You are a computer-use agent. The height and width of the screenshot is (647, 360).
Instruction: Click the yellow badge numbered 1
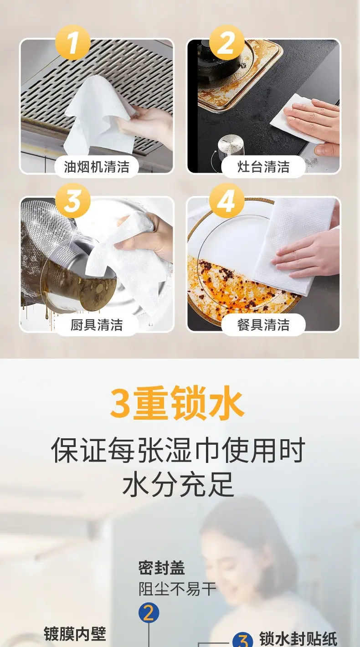(72, 42)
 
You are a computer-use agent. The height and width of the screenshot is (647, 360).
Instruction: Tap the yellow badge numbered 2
(226, 42)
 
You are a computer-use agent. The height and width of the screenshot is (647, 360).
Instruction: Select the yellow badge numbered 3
(72, 200)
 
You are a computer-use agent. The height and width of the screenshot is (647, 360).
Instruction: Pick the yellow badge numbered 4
(226, 200)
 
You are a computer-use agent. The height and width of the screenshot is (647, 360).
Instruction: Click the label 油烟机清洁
(97, 167)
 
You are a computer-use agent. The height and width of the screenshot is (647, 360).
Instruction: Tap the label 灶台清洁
(263, 167)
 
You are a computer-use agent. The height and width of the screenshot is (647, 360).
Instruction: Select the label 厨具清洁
(97, 325)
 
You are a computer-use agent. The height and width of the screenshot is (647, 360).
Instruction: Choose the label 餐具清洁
(263, 325)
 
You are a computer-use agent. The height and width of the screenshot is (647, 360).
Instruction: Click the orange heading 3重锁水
(177, 403)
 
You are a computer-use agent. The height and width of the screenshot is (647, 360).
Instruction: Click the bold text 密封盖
(161, 568)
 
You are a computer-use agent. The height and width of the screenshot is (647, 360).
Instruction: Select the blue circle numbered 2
(149, 613)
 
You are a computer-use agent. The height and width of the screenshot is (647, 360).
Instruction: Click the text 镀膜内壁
(75, 634)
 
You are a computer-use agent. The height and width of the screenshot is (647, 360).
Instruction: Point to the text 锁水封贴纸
(298, 639)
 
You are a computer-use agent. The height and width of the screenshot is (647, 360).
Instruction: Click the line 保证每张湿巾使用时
(178, 450)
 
